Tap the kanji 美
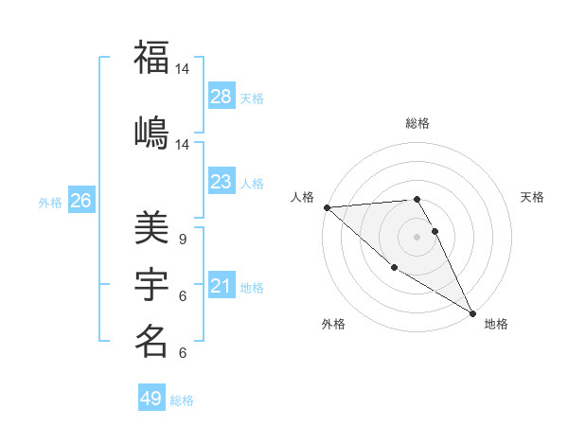pyautogui.click(x=151, y=226)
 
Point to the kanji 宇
pyautogui.click(x=151, y=284)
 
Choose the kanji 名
pyautogui.click(x=151, y=341)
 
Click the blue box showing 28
pyautogui.click(x=221, y=96)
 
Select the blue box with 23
pyautogui.click(x=221, y=182)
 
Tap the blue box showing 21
pyautogui.click(x=221, y=286)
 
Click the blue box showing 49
pyautogui.click(x=151, y=399)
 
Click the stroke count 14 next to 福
pyautogui.click(x=183, y=69)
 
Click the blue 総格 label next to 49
pyautogui.click(x=182, y=400)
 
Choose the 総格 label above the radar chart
pyautogui.click(x=417, y=123)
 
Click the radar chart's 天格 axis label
pyautogui.click(x=533, y=197)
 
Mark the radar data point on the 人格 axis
pyautogui.click(x=327, y=207)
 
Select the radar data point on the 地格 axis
pyautogui.click(x=472, y=313)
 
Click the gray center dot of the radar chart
pyautogui.click(x=417, y=236)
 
